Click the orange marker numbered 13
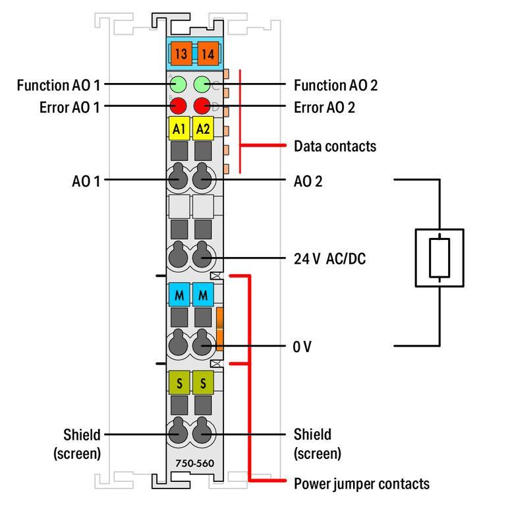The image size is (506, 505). [x=179, y=52]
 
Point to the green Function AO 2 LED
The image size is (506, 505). [x=202, y=84]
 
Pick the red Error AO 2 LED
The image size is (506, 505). [x=202, y=105]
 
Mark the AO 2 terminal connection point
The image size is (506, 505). [x=203, y=179]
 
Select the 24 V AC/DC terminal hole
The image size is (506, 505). [x=203, y=258]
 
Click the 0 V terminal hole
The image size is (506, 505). [x=203, y=345]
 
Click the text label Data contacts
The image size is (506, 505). [x=335, y=146]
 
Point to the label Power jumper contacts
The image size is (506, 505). [x=361, y=483]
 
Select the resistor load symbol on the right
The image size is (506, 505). [x=439, y=258]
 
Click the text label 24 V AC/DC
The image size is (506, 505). [x=329, y=259]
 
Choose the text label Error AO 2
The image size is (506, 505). [x=324, y=107]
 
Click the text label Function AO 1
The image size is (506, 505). [x=59, y=85]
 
